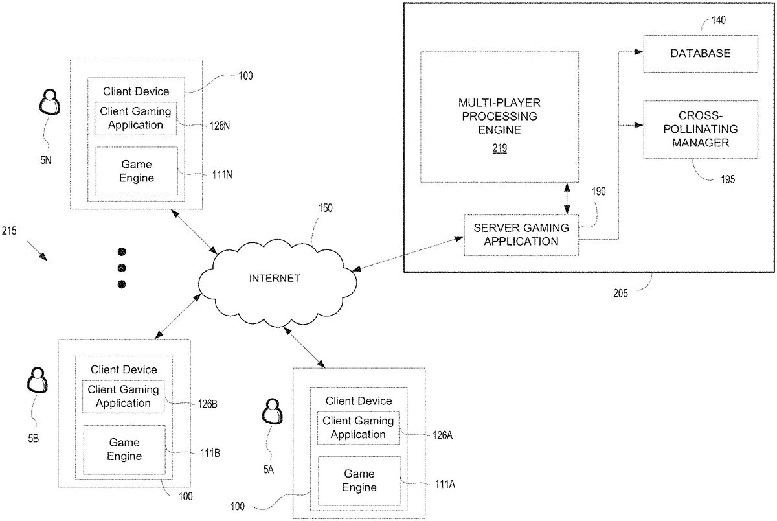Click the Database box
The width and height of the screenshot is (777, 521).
tap(700, 53)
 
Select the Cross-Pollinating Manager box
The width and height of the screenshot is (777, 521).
tap(700, 129)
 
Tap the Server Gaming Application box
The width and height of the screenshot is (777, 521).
tap(521, 235)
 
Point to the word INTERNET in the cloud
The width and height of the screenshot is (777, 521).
tap(275, 278)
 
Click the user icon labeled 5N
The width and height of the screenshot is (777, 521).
tap(50, 103)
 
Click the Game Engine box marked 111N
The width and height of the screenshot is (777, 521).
tap(136, 171)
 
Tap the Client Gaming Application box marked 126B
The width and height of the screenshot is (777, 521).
tap(123, 397)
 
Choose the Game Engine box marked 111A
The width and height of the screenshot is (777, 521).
tap(359, 481)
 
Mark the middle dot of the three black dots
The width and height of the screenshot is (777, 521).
tap(121, 268)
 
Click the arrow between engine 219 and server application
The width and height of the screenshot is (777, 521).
tap(568, 198)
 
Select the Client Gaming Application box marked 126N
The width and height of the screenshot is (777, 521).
tap(135, 118)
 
